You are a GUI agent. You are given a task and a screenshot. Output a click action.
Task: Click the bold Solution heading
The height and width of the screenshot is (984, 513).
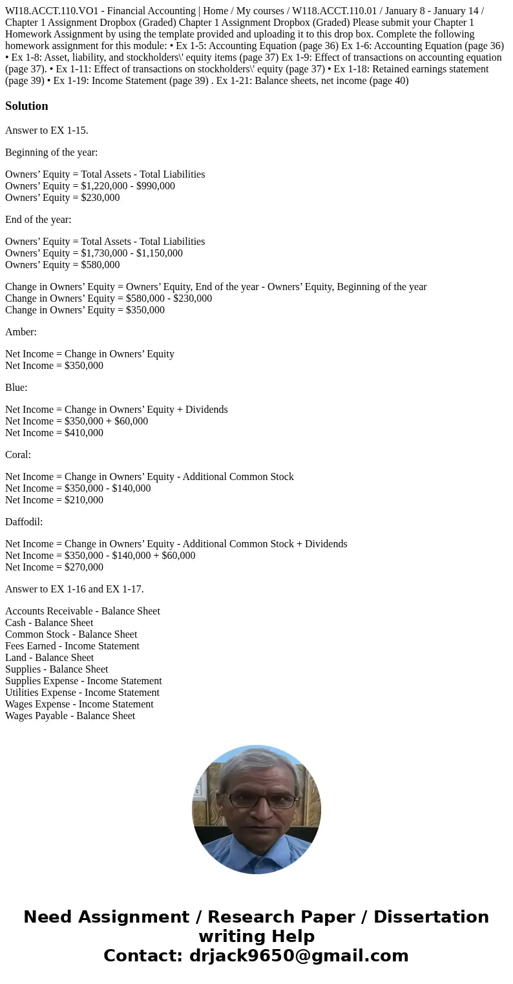pos(26,106)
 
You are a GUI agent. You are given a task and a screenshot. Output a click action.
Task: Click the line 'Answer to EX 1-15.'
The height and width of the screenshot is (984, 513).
pos(47,131)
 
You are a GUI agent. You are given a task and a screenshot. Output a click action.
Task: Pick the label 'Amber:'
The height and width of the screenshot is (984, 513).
pos(21,332)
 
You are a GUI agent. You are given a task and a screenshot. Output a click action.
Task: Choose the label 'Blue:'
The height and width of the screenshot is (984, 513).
pos(16,388)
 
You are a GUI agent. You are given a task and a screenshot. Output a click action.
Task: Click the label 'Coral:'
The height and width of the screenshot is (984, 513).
pos(18,455)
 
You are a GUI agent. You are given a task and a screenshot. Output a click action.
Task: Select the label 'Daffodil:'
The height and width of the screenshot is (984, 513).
pos(24,522)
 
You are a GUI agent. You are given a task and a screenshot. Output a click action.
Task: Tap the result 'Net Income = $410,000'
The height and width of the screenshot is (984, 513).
pos(54,433)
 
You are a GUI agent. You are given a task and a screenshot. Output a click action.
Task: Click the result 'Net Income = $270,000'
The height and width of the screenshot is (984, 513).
pos(54,567)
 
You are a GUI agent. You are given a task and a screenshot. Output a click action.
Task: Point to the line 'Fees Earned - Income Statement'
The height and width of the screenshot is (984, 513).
pos(72,646)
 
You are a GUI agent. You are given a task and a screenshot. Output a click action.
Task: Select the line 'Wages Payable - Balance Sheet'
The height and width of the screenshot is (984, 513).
pos(70,716)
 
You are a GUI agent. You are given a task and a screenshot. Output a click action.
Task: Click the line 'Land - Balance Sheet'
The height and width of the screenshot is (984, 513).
pos(50,658)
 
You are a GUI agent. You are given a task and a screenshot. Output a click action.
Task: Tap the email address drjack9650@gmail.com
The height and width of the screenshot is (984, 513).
pos(298,956)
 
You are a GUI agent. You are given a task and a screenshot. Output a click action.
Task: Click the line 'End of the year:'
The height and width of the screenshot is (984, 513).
pos(38,220)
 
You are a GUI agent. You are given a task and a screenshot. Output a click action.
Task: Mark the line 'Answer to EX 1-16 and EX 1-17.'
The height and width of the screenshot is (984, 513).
pos(74,589)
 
